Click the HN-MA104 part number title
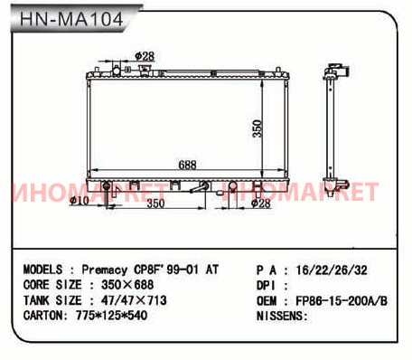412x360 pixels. [x=71, y=19]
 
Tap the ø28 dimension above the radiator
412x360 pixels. [x=145, y=56]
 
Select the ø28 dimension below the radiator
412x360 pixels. [x=261, y=204]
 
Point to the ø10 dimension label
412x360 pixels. [x=80, y=201]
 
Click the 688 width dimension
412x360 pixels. [x=187, y=165]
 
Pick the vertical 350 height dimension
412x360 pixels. [x=257, y=128]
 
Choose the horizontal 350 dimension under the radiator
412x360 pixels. [x=155, y=204]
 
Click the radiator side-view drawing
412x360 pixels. [x=336, y=128]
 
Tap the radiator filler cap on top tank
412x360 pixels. [x=145, y=70]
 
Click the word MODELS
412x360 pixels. [x=42, y=270]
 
